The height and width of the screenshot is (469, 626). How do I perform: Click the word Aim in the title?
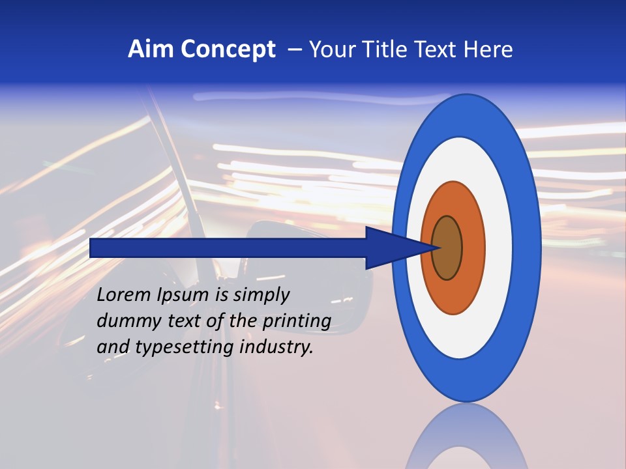pyautogui.click(x=151, y=50)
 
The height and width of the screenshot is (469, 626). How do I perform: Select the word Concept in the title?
pyautogui.click(x=228, y=50)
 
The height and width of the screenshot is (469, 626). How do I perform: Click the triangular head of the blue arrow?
pyautogui.click(x=391, y=248)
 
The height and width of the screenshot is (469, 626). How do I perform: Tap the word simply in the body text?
pyautogui.click(x=260, y=296)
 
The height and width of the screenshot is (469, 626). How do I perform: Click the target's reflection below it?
pyautogui.click(x=466, y=436)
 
